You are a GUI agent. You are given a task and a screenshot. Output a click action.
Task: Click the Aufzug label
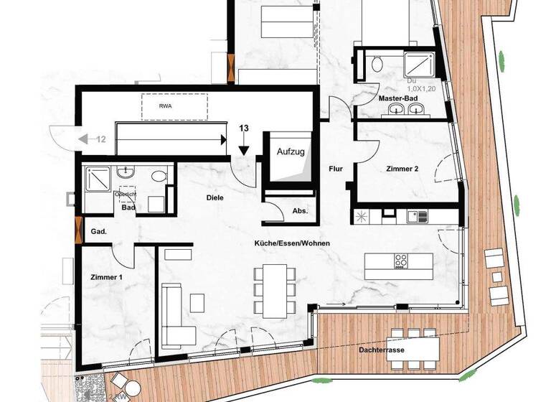tap(291, 153)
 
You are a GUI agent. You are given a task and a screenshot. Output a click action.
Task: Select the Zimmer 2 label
tap(402, 169)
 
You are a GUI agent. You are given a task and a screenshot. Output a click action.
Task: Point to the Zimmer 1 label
tap(108, 276)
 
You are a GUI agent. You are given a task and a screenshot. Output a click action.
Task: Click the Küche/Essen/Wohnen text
tap(292, 243)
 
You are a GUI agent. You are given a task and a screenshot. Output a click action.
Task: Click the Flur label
tap(335, 169)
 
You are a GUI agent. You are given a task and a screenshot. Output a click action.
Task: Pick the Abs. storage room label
tap(300, 211)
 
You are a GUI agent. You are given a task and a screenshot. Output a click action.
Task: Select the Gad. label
tap(98, 232)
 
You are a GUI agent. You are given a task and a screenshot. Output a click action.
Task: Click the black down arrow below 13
tap(245, 149)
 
